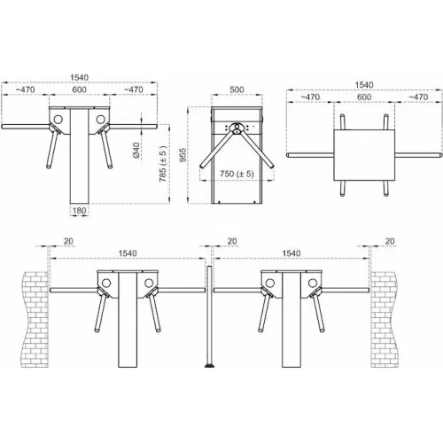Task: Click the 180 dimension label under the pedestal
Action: point(79,211)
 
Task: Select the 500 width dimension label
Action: point(237,89)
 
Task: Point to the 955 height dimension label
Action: point(183,154)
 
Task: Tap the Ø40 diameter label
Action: point(136,150)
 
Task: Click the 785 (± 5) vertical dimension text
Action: point(163,164)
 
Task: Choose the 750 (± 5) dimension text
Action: point(237,174)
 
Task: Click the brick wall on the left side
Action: point(35,320)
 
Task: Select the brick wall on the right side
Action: point(384,320)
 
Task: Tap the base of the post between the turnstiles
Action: point(210,366)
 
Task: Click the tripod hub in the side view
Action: point(237,128)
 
